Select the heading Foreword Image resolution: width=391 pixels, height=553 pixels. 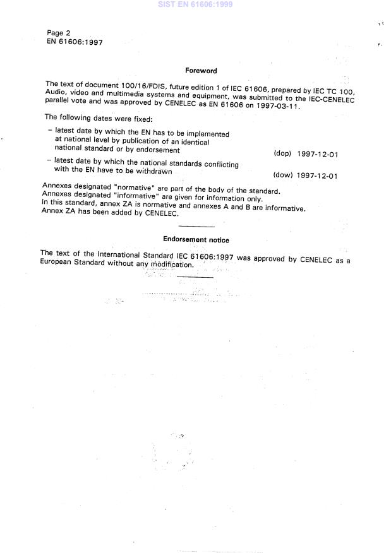click(x=201, y=71)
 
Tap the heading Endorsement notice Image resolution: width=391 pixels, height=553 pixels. click(x=196, y=240)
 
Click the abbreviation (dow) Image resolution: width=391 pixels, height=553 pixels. click(x=282, y=175)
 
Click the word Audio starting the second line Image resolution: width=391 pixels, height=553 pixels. click(x=56, y=93)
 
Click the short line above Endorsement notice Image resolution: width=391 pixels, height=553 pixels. click(x=196, y=226)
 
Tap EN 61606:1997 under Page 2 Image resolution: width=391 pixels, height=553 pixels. click(x=75, y=42)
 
